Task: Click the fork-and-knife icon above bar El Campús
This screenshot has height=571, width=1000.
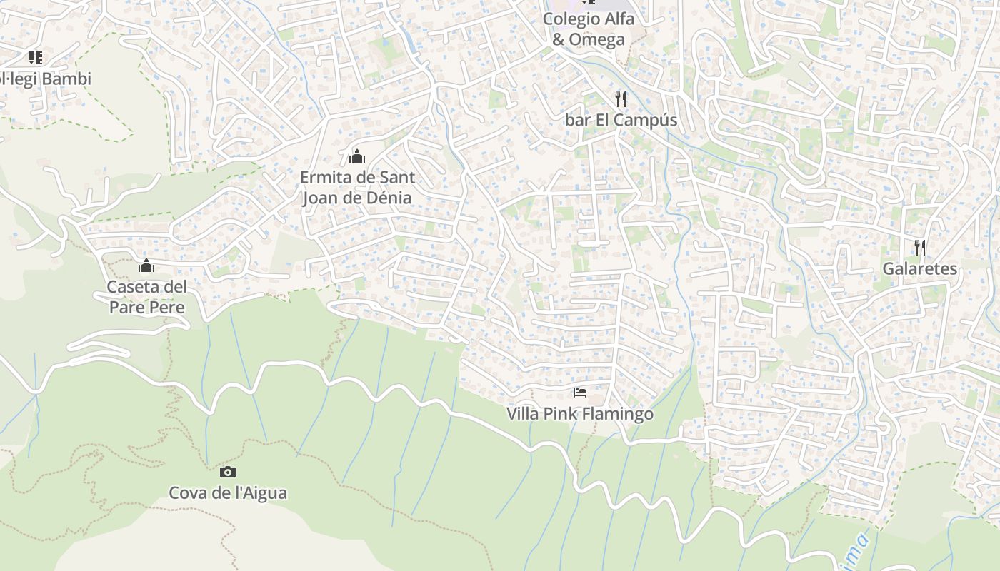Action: [x=621, y=99]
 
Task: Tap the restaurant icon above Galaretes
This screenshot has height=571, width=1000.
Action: [x=920, y=248]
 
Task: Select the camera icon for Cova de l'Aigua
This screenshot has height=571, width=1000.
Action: [x=228, y=472]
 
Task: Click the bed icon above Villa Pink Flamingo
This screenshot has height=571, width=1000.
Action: [x=580, y=393]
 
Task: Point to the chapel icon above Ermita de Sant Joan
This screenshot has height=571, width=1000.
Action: [x=357, y=156]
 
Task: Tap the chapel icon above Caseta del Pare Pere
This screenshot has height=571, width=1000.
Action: [x=146, y=266]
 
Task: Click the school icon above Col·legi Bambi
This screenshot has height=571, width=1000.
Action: [x=35, y=58]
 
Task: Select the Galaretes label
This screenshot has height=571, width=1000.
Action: [x=919, y=269]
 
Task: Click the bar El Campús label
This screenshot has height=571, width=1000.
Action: [x=621, y=120]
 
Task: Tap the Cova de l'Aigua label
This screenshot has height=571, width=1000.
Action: [x=228, y=492]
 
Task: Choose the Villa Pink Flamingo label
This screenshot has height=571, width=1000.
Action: [x=580, y=414]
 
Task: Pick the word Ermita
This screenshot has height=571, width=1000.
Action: [x=324, y=177]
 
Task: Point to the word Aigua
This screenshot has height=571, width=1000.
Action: [x=264, y=492]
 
